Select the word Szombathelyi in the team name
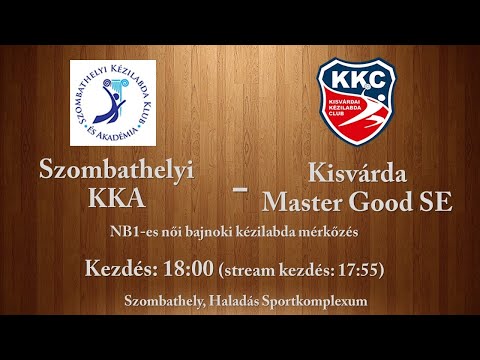pos(115,171)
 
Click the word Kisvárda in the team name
pos(357,171)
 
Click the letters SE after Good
pos(437,202)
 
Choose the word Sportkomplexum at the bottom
pos(316,301)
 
